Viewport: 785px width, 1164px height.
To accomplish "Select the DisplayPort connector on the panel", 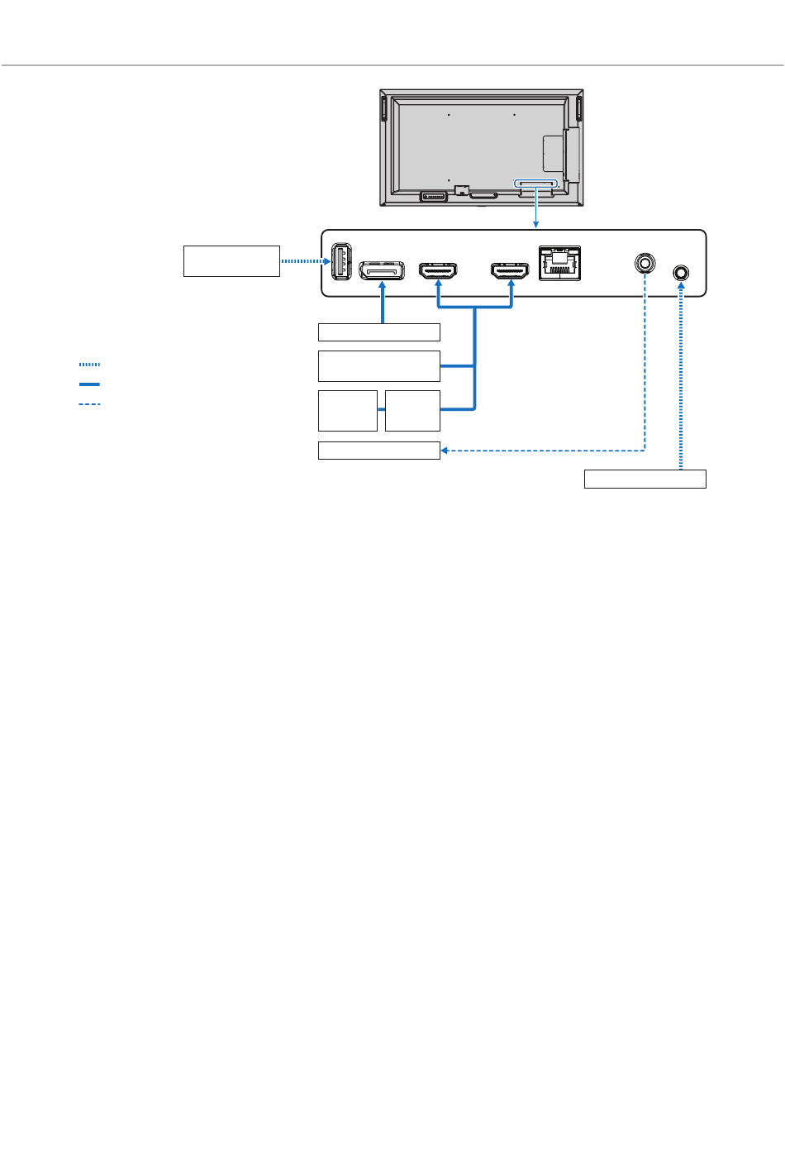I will click(382, 271).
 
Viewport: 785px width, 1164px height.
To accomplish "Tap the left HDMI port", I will click(439, 271).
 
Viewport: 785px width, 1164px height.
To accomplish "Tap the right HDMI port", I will click(510, 271).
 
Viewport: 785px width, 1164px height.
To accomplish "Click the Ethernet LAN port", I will click(559, 264).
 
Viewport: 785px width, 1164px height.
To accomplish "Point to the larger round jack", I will click(645, 264).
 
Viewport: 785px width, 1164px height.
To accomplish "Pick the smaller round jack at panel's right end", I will click(681, 273).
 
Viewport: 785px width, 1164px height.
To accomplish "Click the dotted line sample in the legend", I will click(89, 365).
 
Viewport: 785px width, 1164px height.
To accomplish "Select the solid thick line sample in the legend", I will click(89, 384).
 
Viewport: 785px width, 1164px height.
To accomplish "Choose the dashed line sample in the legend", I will click(89, 404).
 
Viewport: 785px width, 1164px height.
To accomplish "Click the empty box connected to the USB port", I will click(231, 260).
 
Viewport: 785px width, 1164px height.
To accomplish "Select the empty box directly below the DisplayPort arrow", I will click(379, 332).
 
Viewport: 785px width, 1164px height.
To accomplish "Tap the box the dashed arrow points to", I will click(379, 451).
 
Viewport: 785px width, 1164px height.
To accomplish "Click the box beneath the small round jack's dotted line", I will click(645, 479).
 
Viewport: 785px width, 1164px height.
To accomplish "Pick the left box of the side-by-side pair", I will click(348, 411).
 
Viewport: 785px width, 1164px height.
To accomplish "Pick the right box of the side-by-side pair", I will click(412, 411).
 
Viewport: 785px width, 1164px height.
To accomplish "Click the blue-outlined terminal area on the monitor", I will click(536, 183).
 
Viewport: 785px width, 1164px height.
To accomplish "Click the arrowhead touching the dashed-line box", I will click(445, 451).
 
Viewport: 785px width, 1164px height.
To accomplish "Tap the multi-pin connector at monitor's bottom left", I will click(433, 197).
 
